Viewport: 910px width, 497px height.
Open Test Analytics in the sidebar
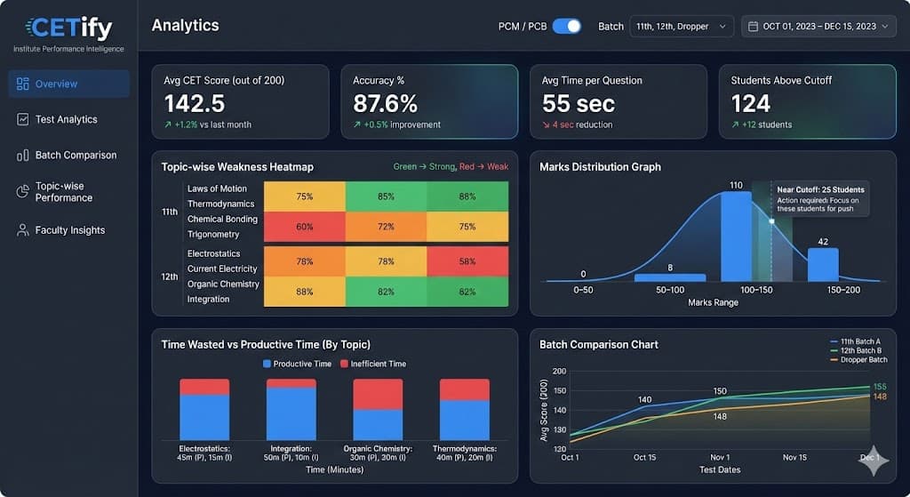(66, 119)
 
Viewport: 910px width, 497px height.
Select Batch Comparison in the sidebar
(75, 155)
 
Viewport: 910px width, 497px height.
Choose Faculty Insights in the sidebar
(69, 230)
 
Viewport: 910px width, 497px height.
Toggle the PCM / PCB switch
(566, 26)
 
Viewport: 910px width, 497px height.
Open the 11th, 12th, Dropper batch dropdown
(682, 27)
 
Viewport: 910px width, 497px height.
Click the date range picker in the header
(818, 27)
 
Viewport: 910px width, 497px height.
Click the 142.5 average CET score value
(195, 104)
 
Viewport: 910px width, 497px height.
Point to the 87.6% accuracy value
(385, 104)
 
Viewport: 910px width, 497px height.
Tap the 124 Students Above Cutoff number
(751, 104)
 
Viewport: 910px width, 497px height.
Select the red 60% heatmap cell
(305, 227)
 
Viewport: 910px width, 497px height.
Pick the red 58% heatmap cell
(467, 261)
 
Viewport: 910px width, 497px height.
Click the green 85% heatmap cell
(386, 196)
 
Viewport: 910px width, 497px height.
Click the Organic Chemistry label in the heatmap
(223, 284)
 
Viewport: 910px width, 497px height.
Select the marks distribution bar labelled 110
(736, 236)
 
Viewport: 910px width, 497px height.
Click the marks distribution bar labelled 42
(822, 264)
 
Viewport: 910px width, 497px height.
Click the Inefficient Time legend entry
(376, 364)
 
